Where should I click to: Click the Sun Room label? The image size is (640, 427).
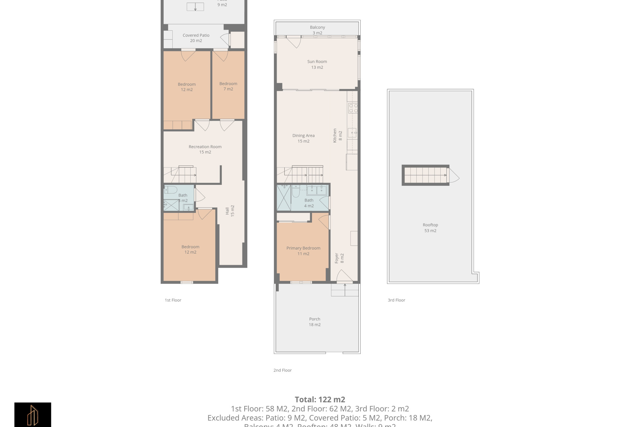coord(317,64)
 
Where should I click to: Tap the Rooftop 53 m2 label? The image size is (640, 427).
coord(430,228)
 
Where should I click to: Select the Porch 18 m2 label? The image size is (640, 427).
coord(314,322)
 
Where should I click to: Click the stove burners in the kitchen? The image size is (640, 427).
coord(353,108)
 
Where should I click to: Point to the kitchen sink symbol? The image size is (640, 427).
coord(352,133)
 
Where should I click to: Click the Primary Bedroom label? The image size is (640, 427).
coord(303,251)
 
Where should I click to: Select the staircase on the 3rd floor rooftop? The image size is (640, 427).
coord(425,175)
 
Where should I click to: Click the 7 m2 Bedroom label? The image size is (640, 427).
coord(228,86)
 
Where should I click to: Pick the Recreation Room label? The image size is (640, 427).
coord(205,149)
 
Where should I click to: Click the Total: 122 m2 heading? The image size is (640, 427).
coord(320,399)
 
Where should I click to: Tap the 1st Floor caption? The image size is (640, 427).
coord(173,300)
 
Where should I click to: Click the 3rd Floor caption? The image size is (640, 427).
coord(396,300)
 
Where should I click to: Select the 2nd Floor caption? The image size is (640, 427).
coord(282,370)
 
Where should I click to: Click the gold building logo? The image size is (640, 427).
coord(33,415)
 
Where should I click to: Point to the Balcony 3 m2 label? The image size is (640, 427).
coord(317,30)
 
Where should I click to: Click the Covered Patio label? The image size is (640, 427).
coord(196,38)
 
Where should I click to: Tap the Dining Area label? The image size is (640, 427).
coord(303,138)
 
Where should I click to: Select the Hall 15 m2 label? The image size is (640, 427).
coord(230,211)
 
